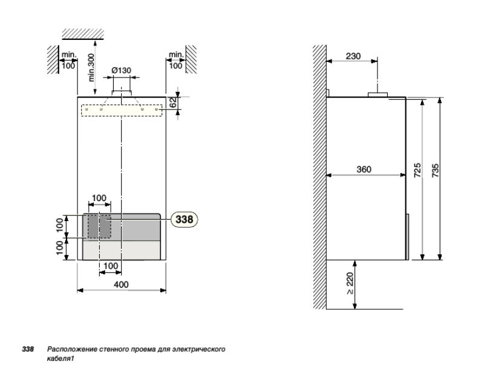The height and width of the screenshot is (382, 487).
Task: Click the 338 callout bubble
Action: tap(185, 219)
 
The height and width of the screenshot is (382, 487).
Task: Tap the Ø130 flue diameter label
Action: tap(122, 71)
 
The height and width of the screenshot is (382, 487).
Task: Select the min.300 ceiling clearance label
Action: tap(91, 68)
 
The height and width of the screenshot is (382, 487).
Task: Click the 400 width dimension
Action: tap(121, 285)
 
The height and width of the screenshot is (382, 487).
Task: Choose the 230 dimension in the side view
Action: tap(353, 56)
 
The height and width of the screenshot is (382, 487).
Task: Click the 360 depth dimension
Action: tap(364, 170)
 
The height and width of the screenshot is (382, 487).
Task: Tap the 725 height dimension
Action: tap(418, 170)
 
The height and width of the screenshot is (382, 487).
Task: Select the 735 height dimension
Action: tap(436, 170)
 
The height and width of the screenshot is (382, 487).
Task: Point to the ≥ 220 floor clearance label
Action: tap(350, 283)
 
